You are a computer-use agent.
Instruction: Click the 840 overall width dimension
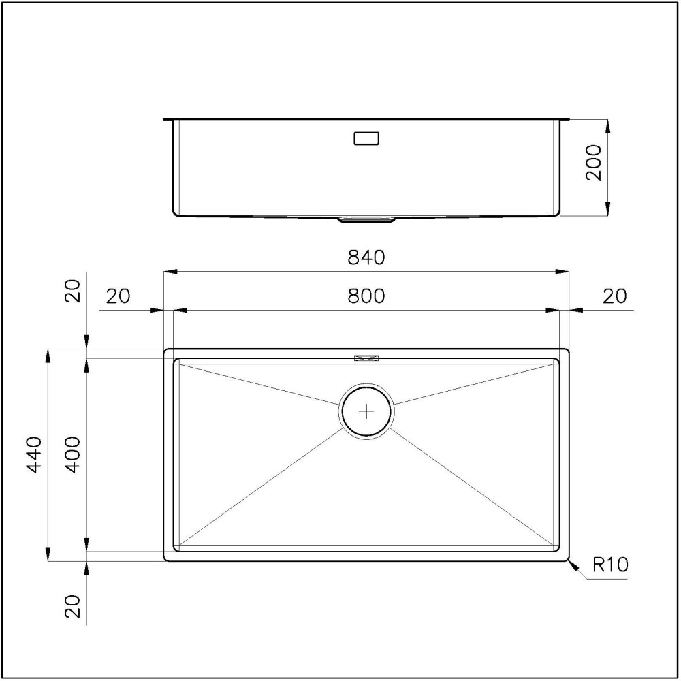(366, 257)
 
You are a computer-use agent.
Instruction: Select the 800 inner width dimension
(366, 296)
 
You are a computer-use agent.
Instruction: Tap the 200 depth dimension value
(595, 162)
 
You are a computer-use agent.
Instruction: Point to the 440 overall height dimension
(34, 454)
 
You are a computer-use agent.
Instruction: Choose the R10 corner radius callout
(610, 565)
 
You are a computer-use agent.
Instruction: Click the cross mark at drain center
(366, 411)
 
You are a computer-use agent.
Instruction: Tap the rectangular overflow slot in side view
(366, 139)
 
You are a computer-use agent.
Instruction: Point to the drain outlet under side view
(366, 219)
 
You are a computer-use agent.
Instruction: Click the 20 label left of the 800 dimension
(118, 296)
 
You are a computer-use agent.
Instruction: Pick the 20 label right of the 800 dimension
(614, 296)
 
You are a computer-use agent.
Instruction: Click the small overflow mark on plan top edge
(366, 357)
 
